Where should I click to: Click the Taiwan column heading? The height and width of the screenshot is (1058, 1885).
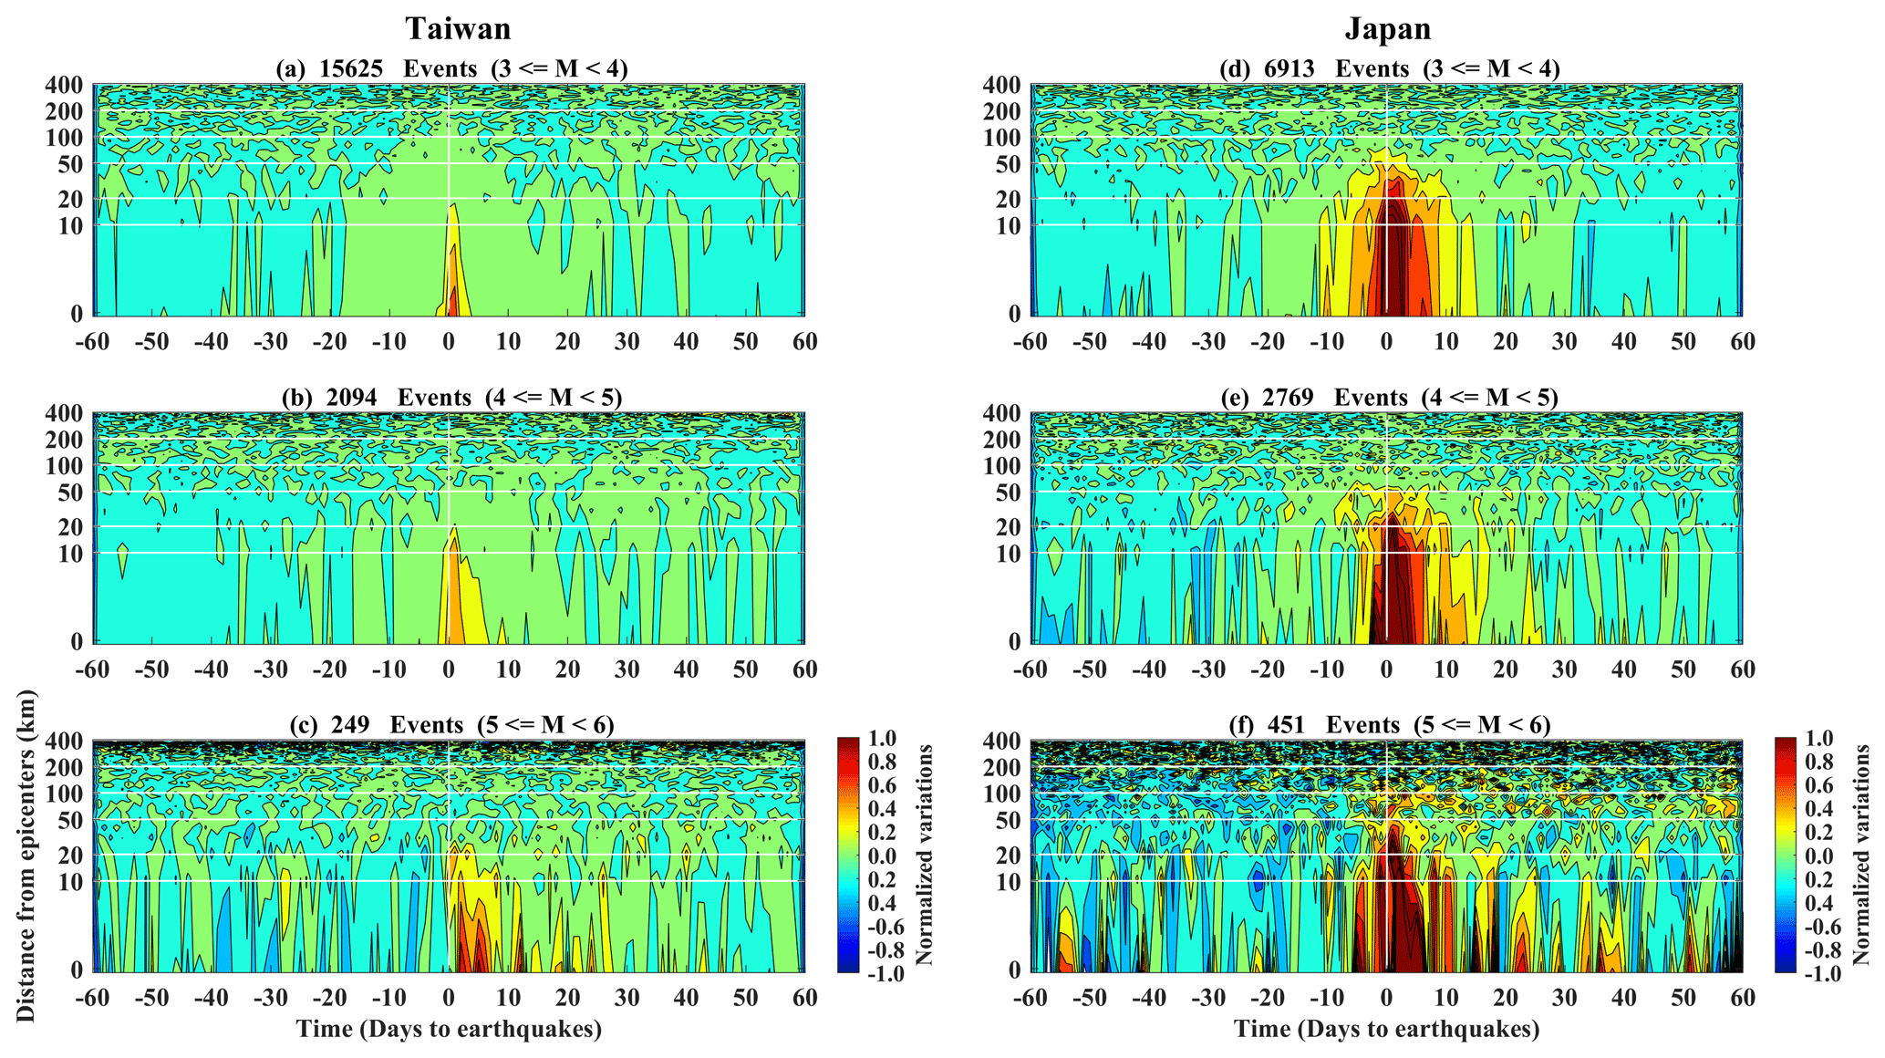(x=458, y=29)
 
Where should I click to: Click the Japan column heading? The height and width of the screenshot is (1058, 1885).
(x=1388, y=29)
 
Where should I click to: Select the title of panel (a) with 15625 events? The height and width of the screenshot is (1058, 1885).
(x=452, y=68)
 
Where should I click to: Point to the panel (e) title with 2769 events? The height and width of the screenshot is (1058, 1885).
(x=1389, y=398)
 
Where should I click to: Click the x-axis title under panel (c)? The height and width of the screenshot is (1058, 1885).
(x=449, y=1030)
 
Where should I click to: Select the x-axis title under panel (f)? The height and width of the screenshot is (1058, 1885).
(x=1387, y=1030)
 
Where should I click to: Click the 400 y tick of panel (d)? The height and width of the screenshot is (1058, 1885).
(x=1001, y=86)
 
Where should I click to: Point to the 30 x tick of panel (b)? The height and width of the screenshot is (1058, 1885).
(x=627, y=669)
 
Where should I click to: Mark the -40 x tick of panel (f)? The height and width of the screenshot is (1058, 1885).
(x=1149, y=999)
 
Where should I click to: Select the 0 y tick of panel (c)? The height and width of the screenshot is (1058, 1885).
(x=77, y=970)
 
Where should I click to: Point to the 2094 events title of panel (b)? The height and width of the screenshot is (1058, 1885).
(x=452, y=398)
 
